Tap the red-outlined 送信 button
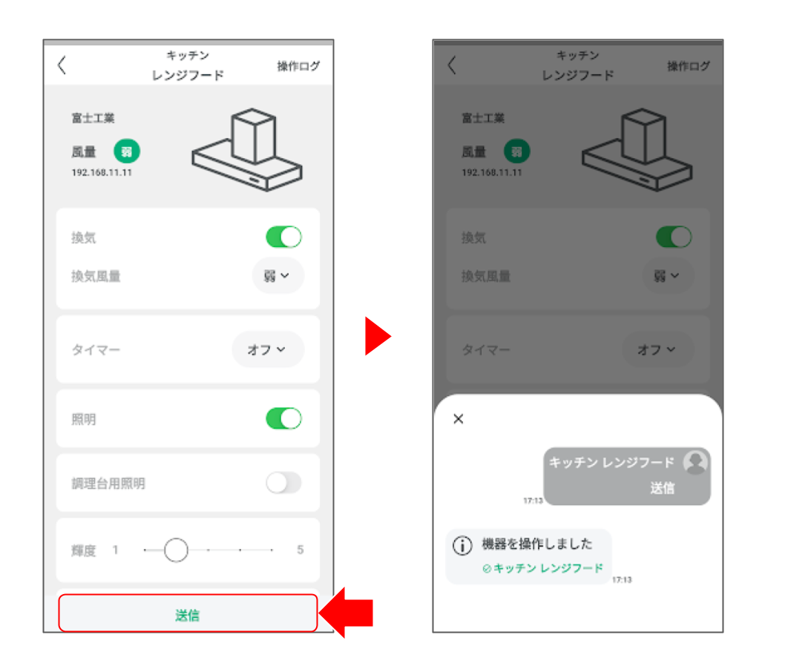pos(188,613)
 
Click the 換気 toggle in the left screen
pos(283,237)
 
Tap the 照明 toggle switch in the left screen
pos(283,419)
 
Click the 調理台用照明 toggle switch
pos(283,483)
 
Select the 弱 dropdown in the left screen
pos(277,276)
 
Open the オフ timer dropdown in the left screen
pos(267,349)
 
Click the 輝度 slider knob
pos(177,550)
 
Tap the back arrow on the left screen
pos(62,65)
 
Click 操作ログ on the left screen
pos(298,66)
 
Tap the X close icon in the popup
pos(458,419)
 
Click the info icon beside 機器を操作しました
pos(462,545)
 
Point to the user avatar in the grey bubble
pos(696,462)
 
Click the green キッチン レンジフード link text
pos(548,568)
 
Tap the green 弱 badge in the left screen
pos(127,151)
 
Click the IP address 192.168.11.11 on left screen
pos(102,173)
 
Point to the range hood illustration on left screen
pos(247,150)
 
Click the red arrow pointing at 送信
pos(346,613)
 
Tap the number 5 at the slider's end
pos(300,550)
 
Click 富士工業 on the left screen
pos(93,118)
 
